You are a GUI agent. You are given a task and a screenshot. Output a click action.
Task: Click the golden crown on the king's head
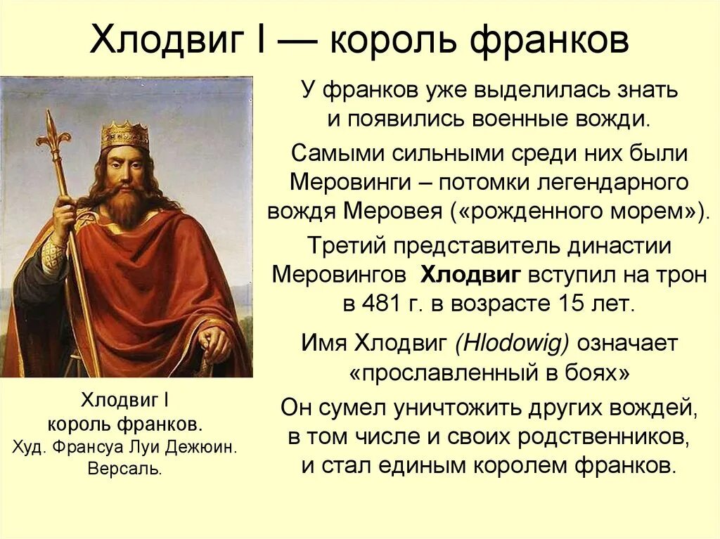coord(124,134)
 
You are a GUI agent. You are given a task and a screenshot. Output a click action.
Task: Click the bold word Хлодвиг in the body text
coord(470,275)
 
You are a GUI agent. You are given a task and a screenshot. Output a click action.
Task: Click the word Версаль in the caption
coord(124,469)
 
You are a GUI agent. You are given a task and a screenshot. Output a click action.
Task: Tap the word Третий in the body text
coord(345,246)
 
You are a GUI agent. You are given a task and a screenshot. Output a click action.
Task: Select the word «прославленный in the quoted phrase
coord(433,374)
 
